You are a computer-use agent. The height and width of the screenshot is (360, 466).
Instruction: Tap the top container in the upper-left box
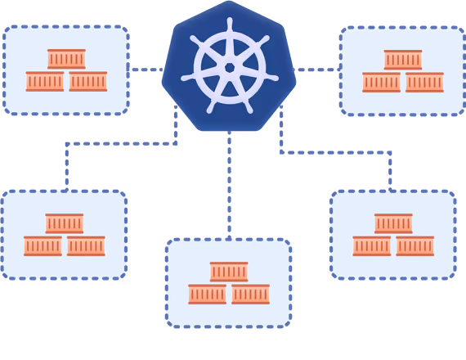[66, 59]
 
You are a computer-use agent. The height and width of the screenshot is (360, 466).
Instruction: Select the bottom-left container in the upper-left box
[45, 81]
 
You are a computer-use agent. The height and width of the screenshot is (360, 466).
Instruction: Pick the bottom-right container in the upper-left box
[88, 81]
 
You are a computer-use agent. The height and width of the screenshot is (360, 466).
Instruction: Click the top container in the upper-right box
[402, 60]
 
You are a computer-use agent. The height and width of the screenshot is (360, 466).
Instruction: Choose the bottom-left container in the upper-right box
[381, 82]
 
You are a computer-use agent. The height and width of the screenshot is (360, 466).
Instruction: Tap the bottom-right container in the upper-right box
[424, 82]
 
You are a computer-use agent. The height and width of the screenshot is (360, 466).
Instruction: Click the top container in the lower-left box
[64, 223]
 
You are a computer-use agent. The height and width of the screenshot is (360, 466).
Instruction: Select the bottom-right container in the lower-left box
[86, 245]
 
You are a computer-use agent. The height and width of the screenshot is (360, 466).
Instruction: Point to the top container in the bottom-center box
[228, 271]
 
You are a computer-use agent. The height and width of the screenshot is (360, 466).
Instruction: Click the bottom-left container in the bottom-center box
[207, 294]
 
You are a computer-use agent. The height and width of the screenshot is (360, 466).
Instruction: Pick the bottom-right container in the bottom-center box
[250, 294]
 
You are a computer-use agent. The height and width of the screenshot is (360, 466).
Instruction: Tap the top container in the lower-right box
[392, 223]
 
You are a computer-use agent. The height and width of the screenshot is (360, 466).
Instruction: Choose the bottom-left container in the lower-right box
[371, 245]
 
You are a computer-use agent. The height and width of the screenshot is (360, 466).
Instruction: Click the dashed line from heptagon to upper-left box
[147, 70]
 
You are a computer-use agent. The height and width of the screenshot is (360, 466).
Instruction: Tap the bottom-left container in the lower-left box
[43, 245]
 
